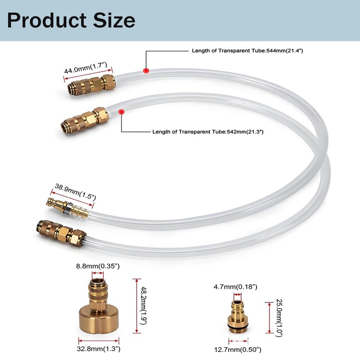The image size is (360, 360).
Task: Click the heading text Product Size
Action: (71, 20)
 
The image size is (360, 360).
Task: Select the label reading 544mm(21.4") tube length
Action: (247, 51)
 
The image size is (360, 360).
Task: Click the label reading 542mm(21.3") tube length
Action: (207, 132)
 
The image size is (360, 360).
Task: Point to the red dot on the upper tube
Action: (145, 70)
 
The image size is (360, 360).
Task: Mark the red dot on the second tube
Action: (121, 111)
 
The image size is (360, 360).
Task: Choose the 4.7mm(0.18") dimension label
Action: (235, 287)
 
